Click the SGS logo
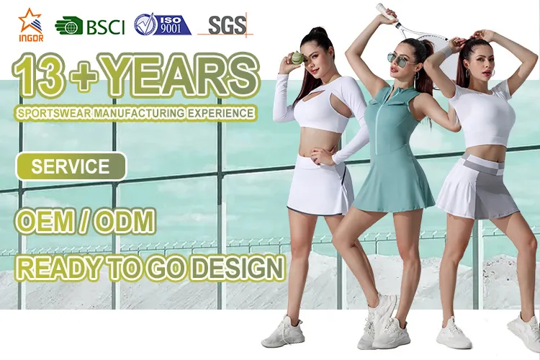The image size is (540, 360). tap(226, 25)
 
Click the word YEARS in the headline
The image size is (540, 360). tap(180, 77)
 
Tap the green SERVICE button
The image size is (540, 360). tap(71, 167)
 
